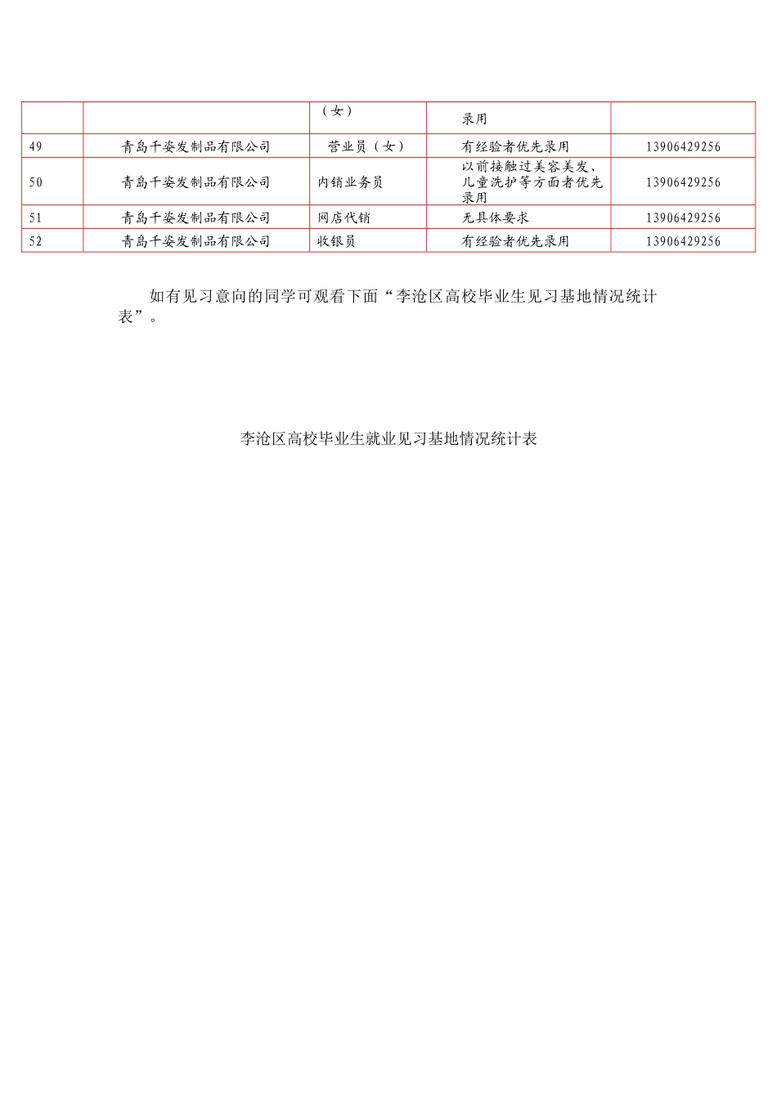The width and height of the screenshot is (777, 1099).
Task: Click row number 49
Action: (35, 146)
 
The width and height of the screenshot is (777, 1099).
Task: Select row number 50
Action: (35, 182)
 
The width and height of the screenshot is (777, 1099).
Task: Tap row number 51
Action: (35, 218)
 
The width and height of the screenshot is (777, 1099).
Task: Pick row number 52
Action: (35, 241)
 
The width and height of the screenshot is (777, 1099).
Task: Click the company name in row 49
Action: (195, 146)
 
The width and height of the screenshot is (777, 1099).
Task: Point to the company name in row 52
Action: (195, 241)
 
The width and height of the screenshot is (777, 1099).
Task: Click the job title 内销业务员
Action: (350, 182)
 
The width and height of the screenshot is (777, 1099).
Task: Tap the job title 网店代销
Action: (344, 218)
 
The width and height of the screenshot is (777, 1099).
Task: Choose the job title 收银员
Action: (336, 241)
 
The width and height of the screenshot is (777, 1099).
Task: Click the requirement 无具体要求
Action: (495, 218)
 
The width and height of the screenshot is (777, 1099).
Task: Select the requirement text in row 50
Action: (532, 182)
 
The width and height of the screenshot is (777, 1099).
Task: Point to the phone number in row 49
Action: (683, 146)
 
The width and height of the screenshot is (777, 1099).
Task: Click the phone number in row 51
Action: (683, 218)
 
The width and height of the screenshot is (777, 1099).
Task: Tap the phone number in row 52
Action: (683, 241)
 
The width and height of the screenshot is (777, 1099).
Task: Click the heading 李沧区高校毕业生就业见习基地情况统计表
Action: (388, 439)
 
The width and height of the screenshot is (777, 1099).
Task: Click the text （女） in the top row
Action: (337, 111)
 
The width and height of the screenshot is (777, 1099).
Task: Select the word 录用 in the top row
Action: (474, 119)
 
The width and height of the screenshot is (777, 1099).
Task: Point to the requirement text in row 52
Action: (515, 241)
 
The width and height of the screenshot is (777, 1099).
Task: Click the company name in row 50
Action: (195, 182)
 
